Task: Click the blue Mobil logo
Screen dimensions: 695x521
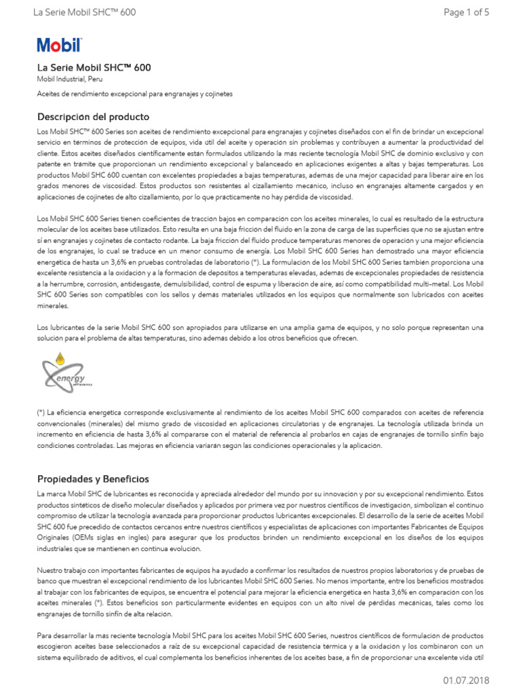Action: tap(59, 45)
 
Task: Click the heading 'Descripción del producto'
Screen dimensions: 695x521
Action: tap(93, 117)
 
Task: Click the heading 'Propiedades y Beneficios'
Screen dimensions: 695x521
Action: tap(92, 478)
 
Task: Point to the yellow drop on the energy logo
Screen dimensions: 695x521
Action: tap(60, 357)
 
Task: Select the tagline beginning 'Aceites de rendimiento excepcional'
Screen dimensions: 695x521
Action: tap(134, 94)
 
